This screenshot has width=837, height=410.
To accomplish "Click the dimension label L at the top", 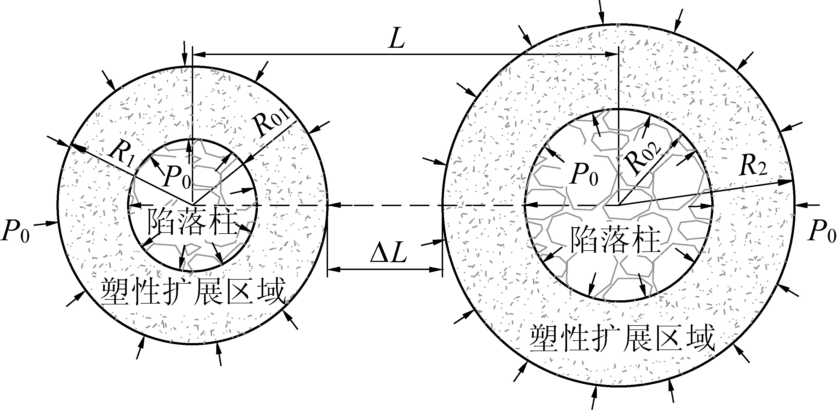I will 397,40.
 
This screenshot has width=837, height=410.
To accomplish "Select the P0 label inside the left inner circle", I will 177,178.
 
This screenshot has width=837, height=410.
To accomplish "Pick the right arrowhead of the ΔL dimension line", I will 438,269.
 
